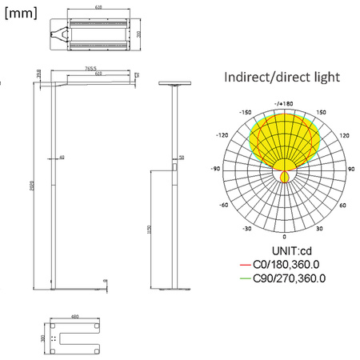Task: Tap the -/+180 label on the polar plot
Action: point(284,104)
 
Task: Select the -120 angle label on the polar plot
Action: point(223,135)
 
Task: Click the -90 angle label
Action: point(215,170)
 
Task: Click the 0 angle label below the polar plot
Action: point(285,238)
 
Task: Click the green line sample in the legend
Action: point(245,278)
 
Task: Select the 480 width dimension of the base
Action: point(75,317)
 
